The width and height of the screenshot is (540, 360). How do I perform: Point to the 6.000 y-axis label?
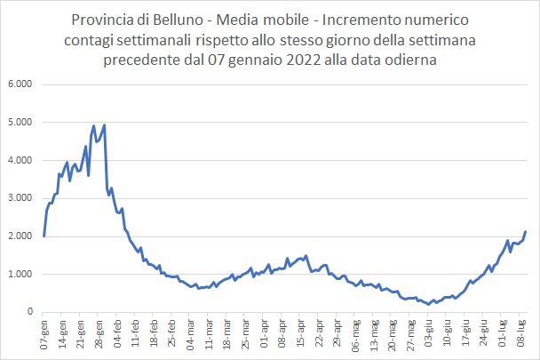click(19, 84)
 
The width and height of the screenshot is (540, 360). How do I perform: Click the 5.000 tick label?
click(19, 123)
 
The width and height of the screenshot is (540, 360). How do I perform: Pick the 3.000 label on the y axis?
click(19, 198)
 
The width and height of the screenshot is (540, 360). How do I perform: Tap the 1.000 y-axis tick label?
click(19, 274)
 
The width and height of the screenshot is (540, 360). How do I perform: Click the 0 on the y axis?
click(29, 312)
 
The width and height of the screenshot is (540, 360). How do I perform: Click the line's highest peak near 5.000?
click(105, 124)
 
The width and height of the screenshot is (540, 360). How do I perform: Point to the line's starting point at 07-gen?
click(44, 236)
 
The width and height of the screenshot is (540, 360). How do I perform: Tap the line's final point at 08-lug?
click(526, 232)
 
